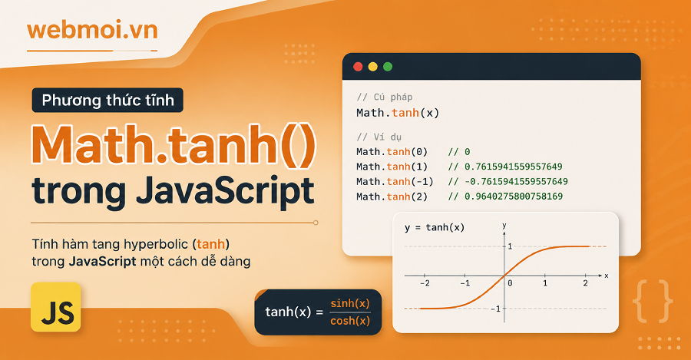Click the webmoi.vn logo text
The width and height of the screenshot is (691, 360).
click(x=92, y=31)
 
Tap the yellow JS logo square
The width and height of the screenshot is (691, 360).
click(x=56, y=307)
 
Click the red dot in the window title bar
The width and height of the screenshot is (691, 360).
click(x=359, y=67)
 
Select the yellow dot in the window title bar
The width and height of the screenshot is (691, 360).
click(x=373, y=67)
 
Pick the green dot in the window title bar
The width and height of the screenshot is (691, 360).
click(x=388, y=67)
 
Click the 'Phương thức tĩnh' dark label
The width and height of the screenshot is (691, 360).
click(x=107, y=100)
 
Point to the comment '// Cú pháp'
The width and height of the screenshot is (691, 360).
click(x=385, y=97)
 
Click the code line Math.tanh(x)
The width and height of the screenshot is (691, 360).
click(x=398, y=113)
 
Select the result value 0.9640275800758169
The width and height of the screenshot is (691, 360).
click(x=514, y=196)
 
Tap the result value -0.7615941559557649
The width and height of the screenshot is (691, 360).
click(x=516, y=181)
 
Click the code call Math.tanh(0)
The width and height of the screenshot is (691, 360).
click(x=392, y=151)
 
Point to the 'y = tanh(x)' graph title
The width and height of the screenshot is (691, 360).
click(x=434, y=227)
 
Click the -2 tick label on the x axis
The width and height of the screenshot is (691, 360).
click(x=425, y=283)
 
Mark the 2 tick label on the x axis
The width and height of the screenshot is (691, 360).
click(x=585, y=283)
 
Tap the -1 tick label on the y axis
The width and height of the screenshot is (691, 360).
click(x=496, y=309)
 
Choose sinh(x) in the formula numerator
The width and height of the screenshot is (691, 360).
click(x=350, y=303)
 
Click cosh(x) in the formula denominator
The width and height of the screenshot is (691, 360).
click(x=350, y=321)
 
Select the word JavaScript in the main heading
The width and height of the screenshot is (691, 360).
click(x=225, y=191)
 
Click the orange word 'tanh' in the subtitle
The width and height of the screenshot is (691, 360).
click(x=210, y=243)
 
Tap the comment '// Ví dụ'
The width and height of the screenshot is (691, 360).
click(x=379, y=137)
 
